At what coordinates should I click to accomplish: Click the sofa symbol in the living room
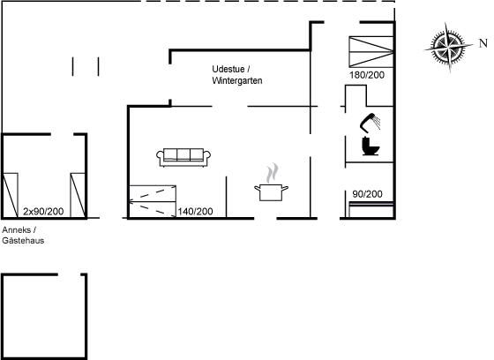(183, 157)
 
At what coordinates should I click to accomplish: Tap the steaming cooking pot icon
(272, 183)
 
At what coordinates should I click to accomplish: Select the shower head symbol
(370, 123)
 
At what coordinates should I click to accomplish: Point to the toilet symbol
(370, 146)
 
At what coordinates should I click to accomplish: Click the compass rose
(448, 48)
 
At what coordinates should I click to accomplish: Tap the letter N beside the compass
(483, 43)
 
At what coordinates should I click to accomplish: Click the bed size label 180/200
(367, 75)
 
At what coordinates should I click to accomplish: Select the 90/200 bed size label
(367, 194)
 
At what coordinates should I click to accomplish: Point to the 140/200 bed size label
(195, 211)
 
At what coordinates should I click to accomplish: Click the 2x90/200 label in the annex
(43, 211)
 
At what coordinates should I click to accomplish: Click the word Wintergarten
(237, 80)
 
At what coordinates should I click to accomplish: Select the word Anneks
(17, 229)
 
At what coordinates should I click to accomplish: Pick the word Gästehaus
(23, 241)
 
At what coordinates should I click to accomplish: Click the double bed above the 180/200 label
(371, 52)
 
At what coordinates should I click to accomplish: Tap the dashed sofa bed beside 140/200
(153, 201)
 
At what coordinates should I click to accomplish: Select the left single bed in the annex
(10, 195)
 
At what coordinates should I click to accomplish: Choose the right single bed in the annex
(78, 195)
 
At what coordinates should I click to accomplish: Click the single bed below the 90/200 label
(371, 210)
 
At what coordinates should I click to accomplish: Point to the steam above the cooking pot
(273, 173)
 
